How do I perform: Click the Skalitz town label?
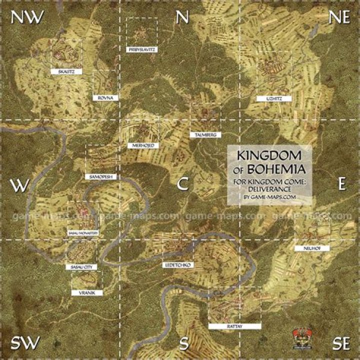[x=66, y=72]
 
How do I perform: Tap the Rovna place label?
[x=106, y=98]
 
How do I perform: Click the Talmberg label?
[x=205, y=135]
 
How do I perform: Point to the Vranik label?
[x=86, y=292]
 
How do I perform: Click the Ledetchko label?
[x=177, y=263]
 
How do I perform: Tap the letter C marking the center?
[x=182, y=184]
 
